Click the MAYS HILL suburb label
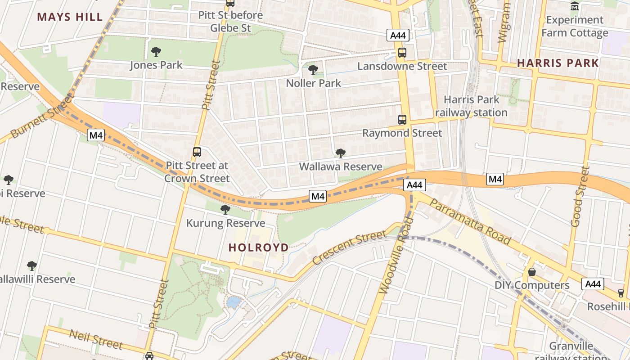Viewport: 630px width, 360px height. point(70,17)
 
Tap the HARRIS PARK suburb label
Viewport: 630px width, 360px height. point(558,63)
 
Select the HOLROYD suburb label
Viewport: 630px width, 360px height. point(258,247)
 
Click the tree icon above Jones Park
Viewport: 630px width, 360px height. point(156,52)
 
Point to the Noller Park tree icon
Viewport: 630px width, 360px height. point(313,70)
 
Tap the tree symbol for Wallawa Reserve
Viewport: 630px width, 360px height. point(341,153)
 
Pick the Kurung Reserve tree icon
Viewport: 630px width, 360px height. point(225,210)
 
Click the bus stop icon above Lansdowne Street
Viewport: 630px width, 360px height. point(402,53)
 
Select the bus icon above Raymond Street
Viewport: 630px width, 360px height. point(402,120)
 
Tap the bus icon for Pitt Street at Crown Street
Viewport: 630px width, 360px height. point(197,152)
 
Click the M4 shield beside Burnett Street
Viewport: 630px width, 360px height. point(96,135)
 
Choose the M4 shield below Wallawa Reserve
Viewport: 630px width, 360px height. point(318,196)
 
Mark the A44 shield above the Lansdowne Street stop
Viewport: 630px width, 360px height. point(398,36)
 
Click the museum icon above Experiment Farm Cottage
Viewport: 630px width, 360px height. point(575,6)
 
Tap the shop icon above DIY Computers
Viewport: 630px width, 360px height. point(532,272)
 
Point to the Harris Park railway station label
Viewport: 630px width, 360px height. point(471,106)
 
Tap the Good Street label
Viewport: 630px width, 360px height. point(580,196)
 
